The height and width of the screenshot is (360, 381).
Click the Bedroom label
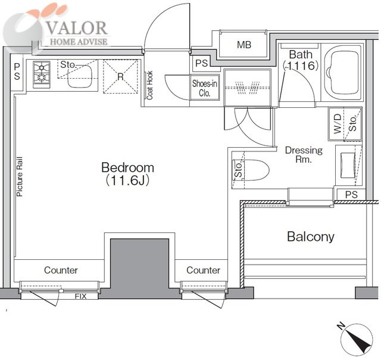point(127,167)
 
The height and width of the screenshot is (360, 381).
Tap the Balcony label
point(311,237)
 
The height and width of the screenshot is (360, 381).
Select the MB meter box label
point(244,45)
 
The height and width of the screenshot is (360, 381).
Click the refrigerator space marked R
point(120,76)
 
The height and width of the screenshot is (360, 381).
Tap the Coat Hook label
point(149,85)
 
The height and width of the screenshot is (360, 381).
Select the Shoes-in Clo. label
point(205,88)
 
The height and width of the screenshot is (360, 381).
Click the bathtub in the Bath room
point(343,73)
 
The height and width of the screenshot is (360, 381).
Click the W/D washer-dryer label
point(338,124)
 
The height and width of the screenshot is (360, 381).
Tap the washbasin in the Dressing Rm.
point(348,166)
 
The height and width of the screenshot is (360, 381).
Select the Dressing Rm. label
point(304,155)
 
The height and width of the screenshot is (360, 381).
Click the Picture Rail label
point(20,176)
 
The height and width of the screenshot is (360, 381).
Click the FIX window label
point(80,296)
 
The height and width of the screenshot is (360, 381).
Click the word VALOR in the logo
point(77,28)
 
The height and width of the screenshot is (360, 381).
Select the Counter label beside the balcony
point(203,270)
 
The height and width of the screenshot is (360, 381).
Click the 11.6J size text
point(127,181)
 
